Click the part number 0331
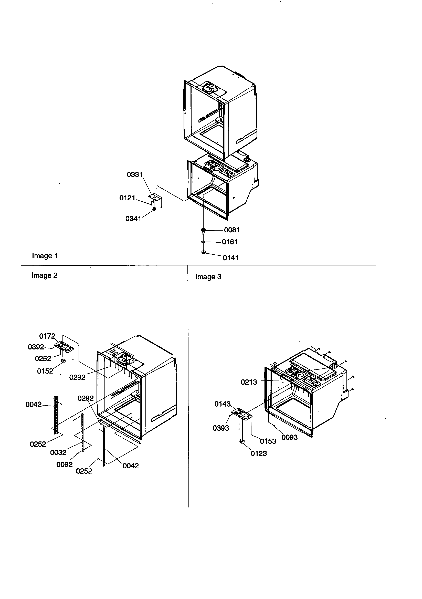tap(135, 174)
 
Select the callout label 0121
tap(127, 198)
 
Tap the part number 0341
tap(133, 219)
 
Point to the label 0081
tap(232, 230)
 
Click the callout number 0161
tap(230, 242)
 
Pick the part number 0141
tap(230, 258)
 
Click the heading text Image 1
tap(45, 256)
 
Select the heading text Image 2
tap(44, 275)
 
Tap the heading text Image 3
tap(208, 277)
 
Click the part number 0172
tap(47, 336)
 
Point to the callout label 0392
tap(36, 347)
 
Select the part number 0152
tap(45, 371)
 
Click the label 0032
tap(58, 452)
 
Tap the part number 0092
tap(65, 464)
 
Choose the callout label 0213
tap(249, 382)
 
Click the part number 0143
tap(223, 404)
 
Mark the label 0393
tap(221, 428)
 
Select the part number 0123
tap(259, 453)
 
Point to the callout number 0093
tap(290, 437)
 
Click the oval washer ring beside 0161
tap(203, 242)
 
